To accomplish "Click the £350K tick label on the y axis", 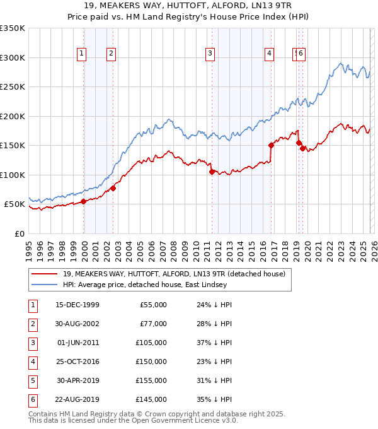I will coord(13,28).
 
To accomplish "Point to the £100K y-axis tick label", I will coord(13,175).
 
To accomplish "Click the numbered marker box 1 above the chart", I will coord(82,54).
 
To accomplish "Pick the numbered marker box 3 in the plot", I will coord(209,54).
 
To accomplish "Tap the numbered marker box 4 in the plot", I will coord(269,54).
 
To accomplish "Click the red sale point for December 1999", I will coord(84,201).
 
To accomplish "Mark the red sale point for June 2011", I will coord(212,172).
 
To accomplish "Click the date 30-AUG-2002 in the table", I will coord(77,324).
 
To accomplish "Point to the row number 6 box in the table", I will coord(32,399).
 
